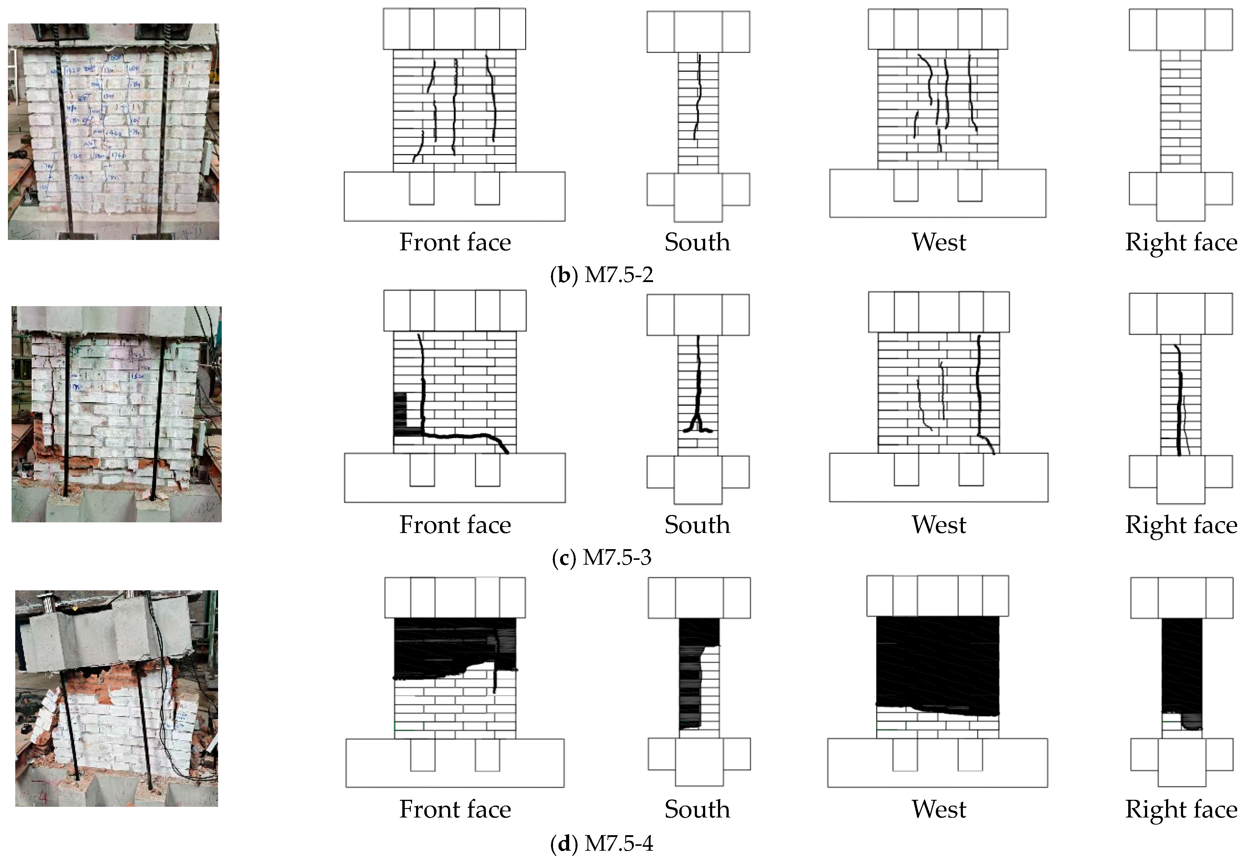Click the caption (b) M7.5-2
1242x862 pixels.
tap(602, 275)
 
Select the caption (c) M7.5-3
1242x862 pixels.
tap(602, 557)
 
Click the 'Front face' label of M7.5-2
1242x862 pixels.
tap(455, 242)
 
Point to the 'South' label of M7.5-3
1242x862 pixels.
tap(697, 525)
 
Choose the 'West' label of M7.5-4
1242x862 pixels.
tap(939, 809)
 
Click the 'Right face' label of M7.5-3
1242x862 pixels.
tap(1181, 525)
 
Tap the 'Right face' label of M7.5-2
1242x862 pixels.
tap(1181, 242)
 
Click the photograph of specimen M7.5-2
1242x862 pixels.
tap(113, 131)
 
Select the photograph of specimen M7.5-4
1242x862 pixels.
tap(116, 698)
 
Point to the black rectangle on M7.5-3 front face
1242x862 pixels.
tap(400, 413)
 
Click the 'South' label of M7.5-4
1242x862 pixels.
tap(697, 809)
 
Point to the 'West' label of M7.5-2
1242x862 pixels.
tap(939, 242)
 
